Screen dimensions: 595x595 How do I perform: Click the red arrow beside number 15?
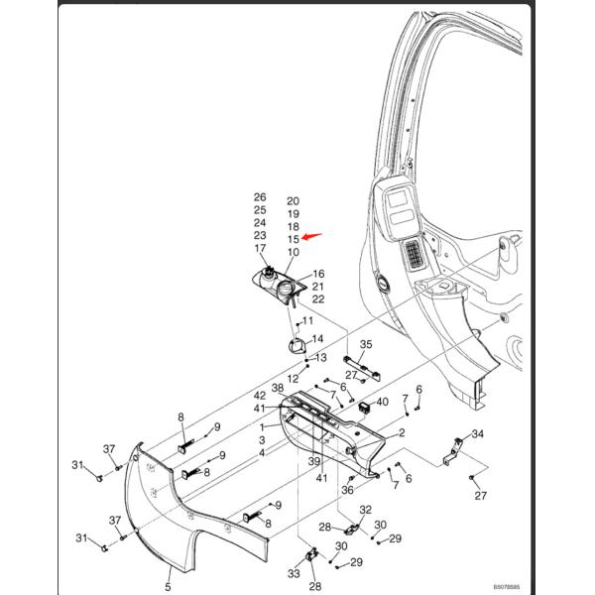[311, 236]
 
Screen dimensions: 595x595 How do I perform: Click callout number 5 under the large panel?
[168, 587]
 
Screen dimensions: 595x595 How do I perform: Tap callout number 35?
[366, 344]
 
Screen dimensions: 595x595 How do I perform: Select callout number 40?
[382, 402]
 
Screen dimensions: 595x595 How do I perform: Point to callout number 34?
[477, 433]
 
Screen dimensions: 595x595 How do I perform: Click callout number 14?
[317, 338]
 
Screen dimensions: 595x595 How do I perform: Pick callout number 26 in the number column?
[260, 197]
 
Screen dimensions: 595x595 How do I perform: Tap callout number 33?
[294, 573]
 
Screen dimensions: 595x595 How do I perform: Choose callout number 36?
[347, 490]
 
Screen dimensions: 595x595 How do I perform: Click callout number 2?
[402, 432]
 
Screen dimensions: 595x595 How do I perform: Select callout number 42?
[260, 396]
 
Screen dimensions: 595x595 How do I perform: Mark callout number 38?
[278, 388]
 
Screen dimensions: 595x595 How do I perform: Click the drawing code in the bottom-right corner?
[507, 587]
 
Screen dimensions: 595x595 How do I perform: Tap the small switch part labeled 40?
[364, 408]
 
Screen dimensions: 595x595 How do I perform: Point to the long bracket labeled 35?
[362, 369]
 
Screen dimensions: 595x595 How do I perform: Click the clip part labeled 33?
[311, 555]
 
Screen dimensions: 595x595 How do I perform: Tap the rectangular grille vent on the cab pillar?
[415, 255]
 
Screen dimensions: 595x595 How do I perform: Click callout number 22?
[318, 299]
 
